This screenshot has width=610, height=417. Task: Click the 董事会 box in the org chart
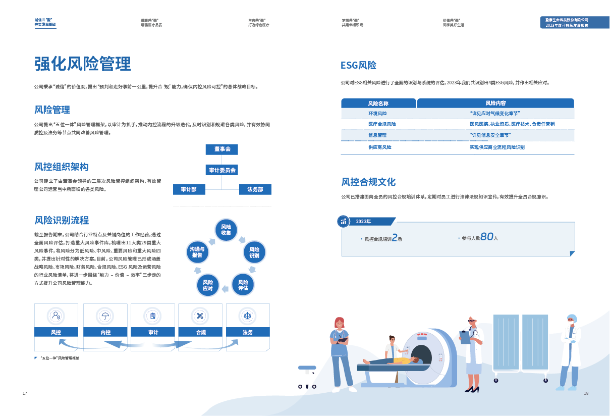pyautogui.click(x=221, y=149)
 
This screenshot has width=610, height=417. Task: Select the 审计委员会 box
pyautogui.click(x=221, y=170)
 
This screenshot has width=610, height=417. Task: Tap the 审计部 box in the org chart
pyautogui.click(x=189, y=189)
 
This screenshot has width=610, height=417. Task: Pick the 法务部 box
pyautogui.click(x=255, y=189)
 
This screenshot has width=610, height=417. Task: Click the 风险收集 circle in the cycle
pyautogui.click(x=226, y=230)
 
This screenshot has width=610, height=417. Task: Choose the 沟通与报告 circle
pyautogui.click(x=197, y=252)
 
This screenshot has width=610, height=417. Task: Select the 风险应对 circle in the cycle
pyautogui.click(x=208, y=285)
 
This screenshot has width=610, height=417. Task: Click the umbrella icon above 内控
pyautogui.click(x=105, y=316)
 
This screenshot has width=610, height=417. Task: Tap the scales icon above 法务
pyautogui.click(x=247, y=316)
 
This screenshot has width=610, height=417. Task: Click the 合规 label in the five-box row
pyautogui.click(x=200, y=332)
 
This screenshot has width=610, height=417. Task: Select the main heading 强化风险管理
pyautogui.click(x=83, y=64)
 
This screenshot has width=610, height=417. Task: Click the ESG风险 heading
pyautogui.click(x=358, y=66)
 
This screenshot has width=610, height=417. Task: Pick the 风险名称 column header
pyautogui.click(x=378, y=103)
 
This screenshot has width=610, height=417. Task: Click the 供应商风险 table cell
pyautogui.click(x=379, y=147)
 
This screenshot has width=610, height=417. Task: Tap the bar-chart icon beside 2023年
pyautogui.click(x=344, y=221)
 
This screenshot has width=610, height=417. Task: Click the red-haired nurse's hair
pyautogui.click(x=340, y=321)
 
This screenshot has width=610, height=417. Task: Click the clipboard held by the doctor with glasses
pyautogui.click(x=465, y=337)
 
